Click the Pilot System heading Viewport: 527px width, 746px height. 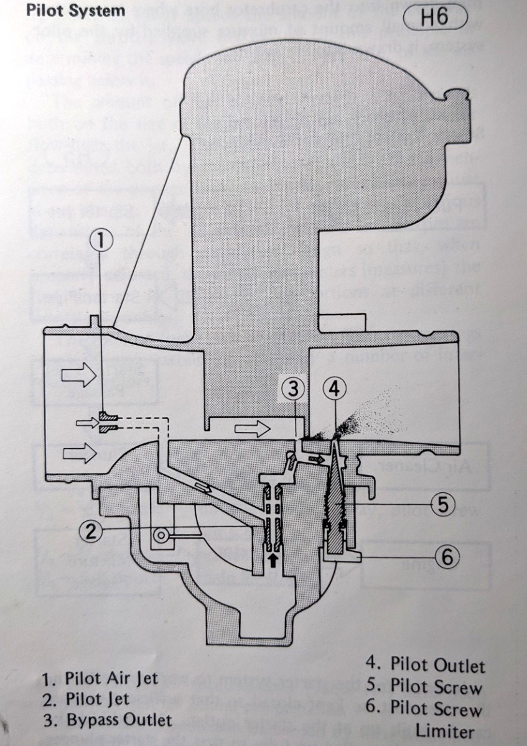click(75, 11)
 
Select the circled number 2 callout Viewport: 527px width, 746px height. click(91, 531)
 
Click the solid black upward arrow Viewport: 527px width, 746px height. click(272, 559)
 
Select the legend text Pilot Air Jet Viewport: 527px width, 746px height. click(111, 678)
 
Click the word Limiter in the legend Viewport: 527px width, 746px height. click(449, 730)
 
